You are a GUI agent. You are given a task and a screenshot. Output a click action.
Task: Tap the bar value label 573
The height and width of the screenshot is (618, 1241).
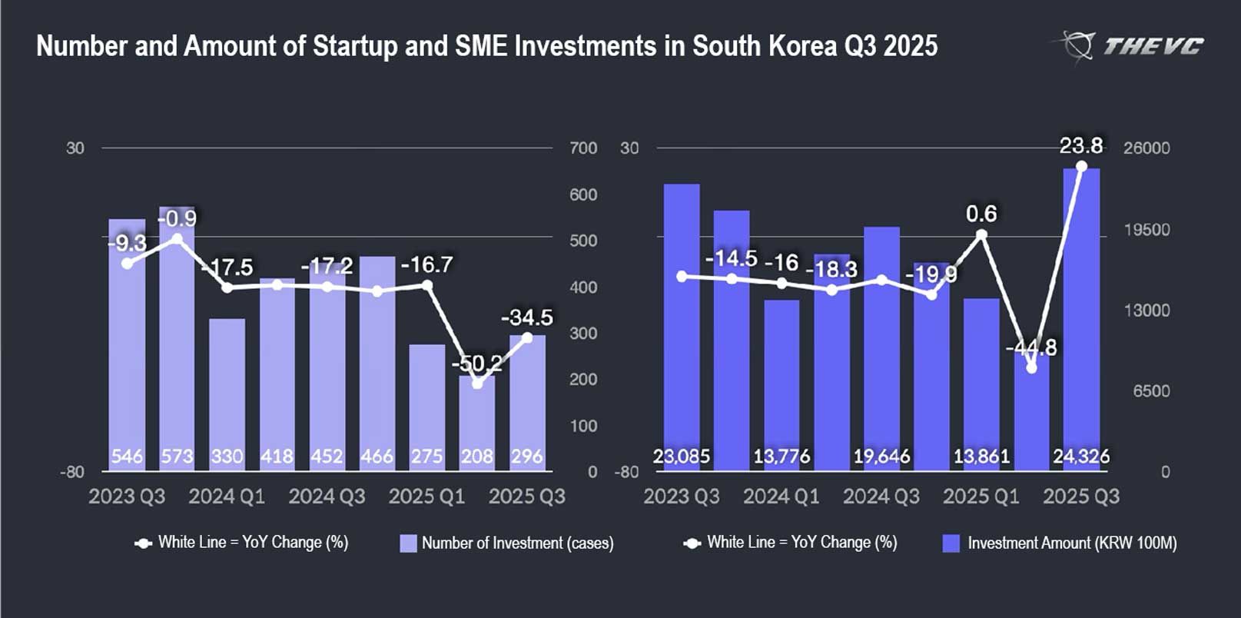point(177,457)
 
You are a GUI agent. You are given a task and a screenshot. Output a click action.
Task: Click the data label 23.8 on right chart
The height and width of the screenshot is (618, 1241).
point(1080,145)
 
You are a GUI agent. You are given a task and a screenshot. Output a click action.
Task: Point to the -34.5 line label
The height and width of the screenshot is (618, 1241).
point(526,317)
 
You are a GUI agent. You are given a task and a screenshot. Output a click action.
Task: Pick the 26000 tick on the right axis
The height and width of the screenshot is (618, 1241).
point(1146,148)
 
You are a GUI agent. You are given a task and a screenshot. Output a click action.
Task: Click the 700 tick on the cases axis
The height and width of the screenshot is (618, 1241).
point(583,148)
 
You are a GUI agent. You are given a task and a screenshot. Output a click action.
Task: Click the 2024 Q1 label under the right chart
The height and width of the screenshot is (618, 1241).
point(781,497)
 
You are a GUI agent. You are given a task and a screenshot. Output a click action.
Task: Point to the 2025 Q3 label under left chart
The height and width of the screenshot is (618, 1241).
point(526,497)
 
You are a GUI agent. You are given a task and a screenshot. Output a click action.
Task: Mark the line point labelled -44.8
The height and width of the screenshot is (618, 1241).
point(1031,368)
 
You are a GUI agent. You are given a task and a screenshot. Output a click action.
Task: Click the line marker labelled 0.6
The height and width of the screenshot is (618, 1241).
point(981,235)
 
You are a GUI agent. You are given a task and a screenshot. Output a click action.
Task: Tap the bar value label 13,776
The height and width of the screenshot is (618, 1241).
point(781,457)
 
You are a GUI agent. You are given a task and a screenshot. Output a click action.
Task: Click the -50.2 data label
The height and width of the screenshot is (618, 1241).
point(476,363)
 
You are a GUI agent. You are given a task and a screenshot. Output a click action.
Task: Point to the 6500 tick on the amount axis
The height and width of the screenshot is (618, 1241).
point(1150,391)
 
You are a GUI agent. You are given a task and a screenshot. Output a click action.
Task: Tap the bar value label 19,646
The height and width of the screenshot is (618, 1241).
point(881,457)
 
